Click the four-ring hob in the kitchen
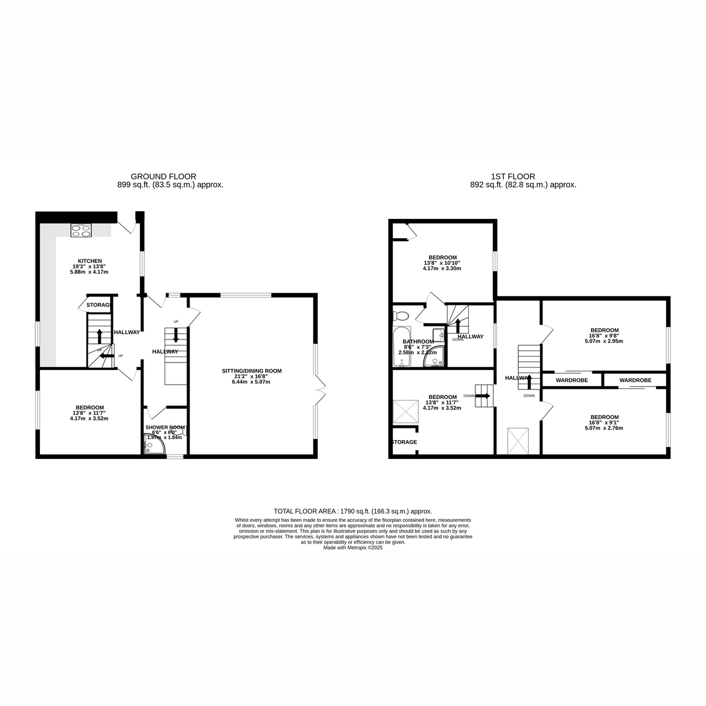tap(81, 231)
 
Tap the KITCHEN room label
tap(90, 261)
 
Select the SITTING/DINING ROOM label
tap(251, 371)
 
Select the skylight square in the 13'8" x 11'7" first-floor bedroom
tap(404, 410)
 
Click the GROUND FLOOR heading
tap(163, 176)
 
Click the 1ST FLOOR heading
tap(512, 176)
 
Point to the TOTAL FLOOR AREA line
tap(353, 511)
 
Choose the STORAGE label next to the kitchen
tap(98, 305)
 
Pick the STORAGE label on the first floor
tap(404, 442)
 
